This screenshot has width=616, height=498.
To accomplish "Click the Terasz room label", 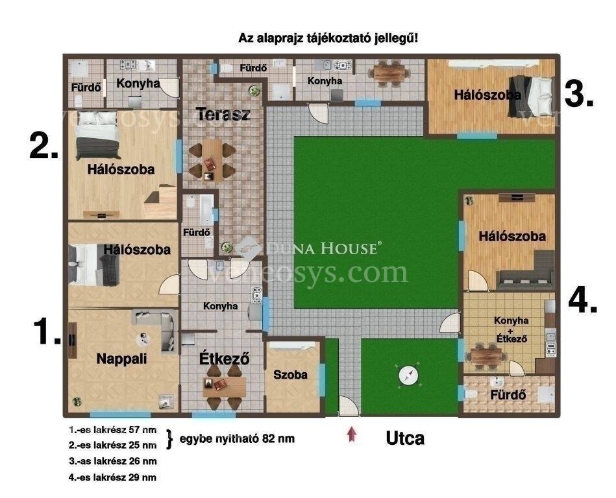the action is (x=223, y=114).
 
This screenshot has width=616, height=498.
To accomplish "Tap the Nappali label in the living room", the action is (x=122, y=359).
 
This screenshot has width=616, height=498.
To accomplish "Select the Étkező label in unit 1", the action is (x=225, y=359).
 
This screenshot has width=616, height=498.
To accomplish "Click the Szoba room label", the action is (x=290, y=374).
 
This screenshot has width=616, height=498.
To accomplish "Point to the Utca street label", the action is (x=405, y=438).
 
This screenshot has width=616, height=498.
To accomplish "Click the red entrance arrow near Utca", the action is (x=352, y=434).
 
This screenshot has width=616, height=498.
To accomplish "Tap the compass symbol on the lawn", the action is (x=408, y=375).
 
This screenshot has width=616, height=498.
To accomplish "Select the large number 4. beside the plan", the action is (x=583, y=302).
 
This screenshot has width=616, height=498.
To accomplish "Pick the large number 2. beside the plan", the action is (x=44, y=146).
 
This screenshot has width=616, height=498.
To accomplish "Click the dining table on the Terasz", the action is (x=212, y=160).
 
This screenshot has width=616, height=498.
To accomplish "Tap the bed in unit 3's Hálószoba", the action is (x=531, y=96).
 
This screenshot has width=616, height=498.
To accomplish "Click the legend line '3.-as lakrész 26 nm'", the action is (x=113, y=461).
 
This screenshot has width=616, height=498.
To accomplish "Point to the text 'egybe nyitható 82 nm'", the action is (x=238, y=438).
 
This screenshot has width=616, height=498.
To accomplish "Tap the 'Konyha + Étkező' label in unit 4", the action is (x=511, y=329).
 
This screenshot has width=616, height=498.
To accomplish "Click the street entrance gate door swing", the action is (x=349, y=406).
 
